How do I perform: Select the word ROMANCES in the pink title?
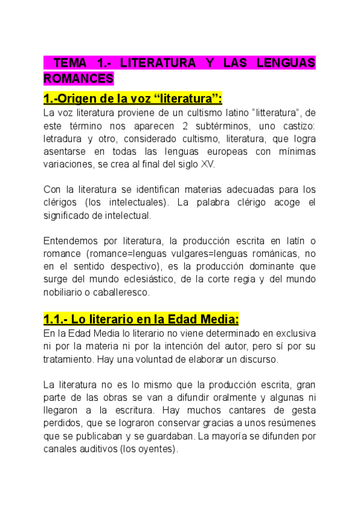coord(79,78)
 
